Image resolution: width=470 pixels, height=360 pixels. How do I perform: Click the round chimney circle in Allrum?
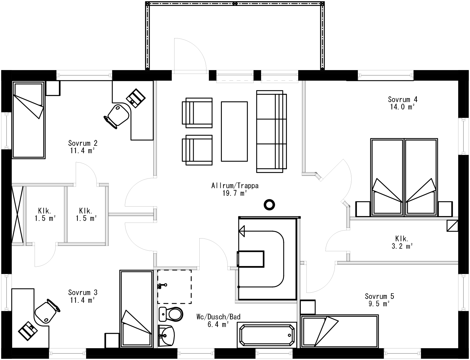(x=269, y=204)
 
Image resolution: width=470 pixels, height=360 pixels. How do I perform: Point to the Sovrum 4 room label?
(x=400, y=99)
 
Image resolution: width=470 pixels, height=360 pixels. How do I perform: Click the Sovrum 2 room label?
(x=83, y=143)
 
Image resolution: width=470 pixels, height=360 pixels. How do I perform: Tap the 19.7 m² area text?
(x=235, y=193)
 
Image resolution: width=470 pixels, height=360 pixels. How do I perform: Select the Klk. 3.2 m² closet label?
(x=402, y=238)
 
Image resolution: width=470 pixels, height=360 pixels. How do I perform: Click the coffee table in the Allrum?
(x=234, y=132)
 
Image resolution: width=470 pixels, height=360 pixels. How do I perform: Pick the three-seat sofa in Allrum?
(x=271, y=132)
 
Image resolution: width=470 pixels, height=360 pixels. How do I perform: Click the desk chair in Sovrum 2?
(x=117, y=116)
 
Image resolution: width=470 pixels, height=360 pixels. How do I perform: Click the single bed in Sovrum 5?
(x=339, y=331)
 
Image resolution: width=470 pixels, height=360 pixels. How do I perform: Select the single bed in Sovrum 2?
(x=28, y=120)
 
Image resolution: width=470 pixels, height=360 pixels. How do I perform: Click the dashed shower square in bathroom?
(x=174, y=286)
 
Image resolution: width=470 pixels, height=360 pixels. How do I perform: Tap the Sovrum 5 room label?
(x=379, y=296)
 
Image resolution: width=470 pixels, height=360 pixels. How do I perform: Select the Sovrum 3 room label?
(x=83, y=293)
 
